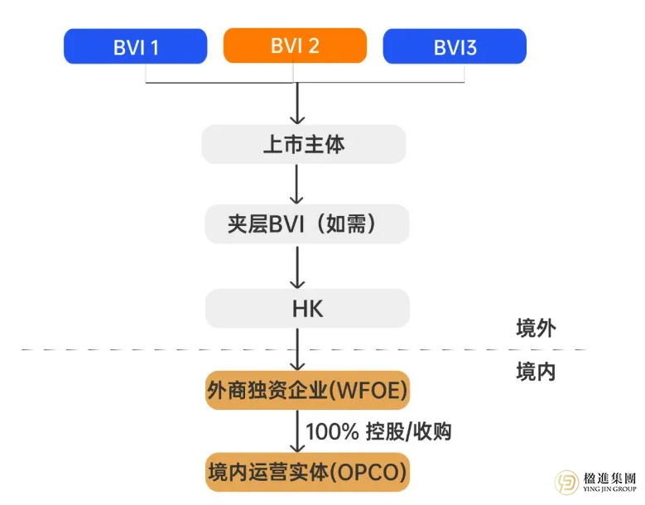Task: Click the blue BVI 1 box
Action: [x=135, y=46]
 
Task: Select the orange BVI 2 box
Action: [x=295, y=46]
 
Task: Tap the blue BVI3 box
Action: [x=454, y=46]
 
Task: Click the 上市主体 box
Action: [x=303, y=145]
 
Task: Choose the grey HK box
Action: [x=307, y=309]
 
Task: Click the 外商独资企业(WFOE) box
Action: [x=307, y=390]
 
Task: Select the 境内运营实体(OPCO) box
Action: [x=307, y=473]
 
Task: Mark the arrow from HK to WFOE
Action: [x=296, y=349]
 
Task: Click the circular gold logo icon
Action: [x=568, y=483]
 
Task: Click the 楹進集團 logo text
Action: [x=609, y=478]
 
